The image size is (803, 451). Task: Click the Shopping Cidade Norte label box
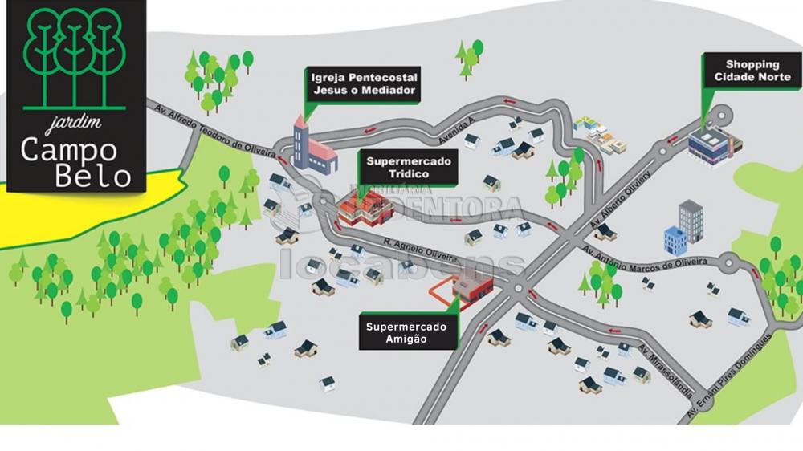tap(752, 71)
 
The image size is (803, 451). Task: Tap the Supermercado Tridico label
tap(409, 167)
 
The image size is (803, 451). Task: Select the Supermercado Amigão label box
tap(406, 333)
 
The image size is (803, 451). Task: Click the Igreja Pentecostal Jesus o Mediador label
tap(365, 83)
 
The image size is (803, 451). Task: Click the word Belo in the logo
tap(95, 175)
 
